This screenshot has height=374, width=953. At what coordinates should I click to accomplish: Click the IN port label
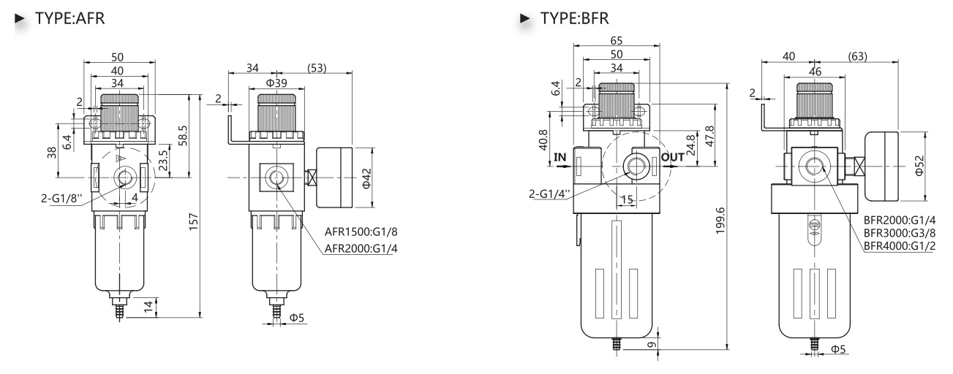[560, 156]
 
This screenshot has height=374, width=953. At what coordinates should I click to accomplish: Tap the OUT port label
[671, 156]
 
